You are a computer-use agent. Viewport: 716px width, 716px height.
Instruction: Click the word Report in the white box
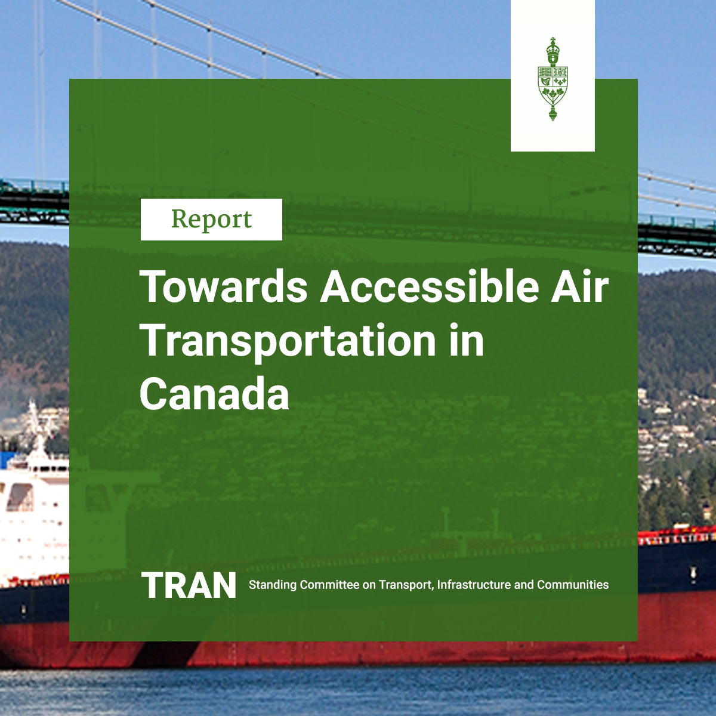[x=211, y=220]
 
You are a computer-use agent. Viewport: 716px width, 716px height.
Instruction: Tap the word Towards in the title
[x=224, y=287]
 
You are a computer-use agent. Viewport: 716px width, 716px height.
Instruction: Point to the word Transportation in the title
[x=288, y=341]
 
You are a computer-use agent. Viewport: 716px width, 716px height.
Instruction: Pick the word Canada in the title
[x=214, y=394]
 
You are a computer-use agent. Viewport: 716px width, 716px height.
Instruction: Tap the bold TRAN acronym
[x=189, y=585]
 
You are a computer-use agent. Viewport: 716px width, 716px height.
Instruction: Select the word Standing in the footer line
[x=272, y=585]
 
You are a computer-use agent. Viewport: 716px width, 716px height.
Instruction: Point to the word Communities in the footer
[x=573, y=585]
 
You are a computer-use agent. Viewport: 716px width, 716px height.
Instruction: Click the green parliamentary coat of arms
[x=553, y=80]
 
